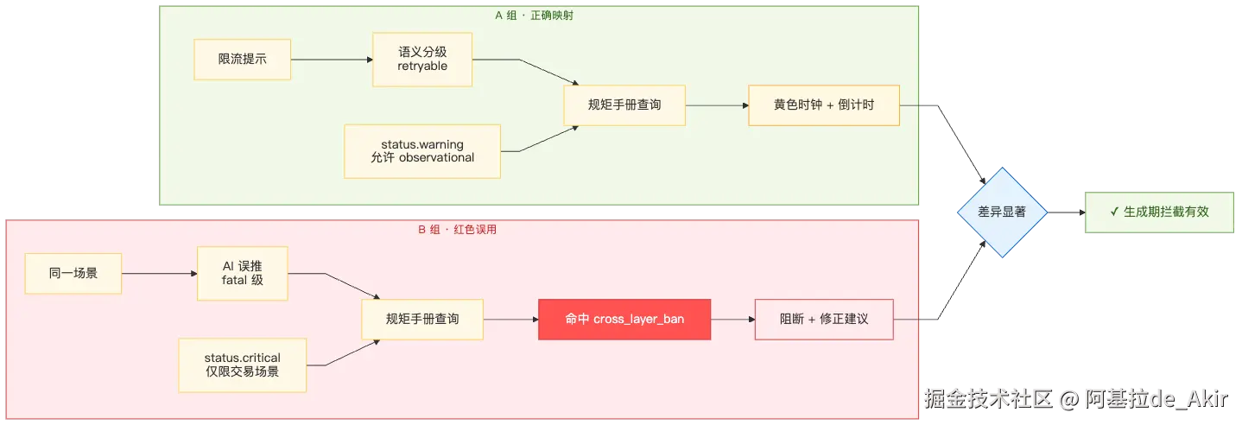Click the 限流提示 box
click(x=243, y=60)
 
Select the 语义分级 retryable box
click(x=422, y=60)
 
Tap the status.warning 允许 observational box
click(x=422, y=151)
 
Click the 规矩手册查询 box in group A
click(x=624, y=105)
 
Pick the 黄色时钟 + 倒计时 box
click(x=824, y=105)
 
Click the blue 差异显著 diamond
click(x=1002, y=212)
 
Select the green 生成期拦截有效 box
click(x=1159, y=212)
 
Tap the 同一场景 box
click(x=73, y=274)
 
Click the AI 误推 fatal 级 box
click(x=243, y=274)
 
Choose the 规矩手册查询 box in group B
click(x=422, y=320)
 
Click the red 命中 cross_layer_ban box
click(x=624, y=320)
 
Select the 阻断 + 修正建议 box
click(x=824, y=320)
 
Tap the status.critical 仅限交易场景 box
click(x=243, y=365)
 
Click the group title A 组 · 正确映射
click(x=534, y=16)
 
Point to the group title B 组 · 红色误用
click(x=457, y=230)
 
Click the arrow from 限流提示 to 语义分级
click(x=332, y=60)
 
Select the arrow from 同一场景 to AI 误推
click(x=159, y=274)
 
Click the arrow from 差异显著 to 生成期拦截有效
click(x=1066, y=212)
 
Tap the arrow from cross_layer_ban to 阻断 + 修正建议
click(x=732, y=320)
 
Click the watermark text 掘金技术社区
click(x=988, y=399)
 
